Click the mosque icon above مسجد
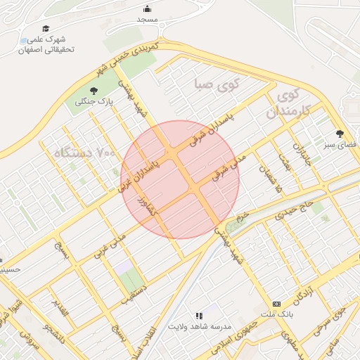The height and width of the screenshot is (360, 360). click(147, 8)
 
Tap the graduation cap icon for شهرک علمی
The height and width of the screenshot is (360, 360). click(46, 29)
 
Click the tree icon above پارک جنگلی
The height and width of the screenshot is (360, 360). click(94, 90)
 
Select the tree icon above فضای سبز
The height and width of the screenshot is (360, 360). click(340, 133)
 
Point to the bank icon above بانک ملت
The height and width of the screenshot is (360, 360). click(276, 303)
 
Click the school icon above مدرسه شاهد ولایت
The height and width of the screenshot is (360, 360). click(199, 316)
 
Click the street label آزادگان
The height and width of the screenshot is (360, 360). click(301, 293)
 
